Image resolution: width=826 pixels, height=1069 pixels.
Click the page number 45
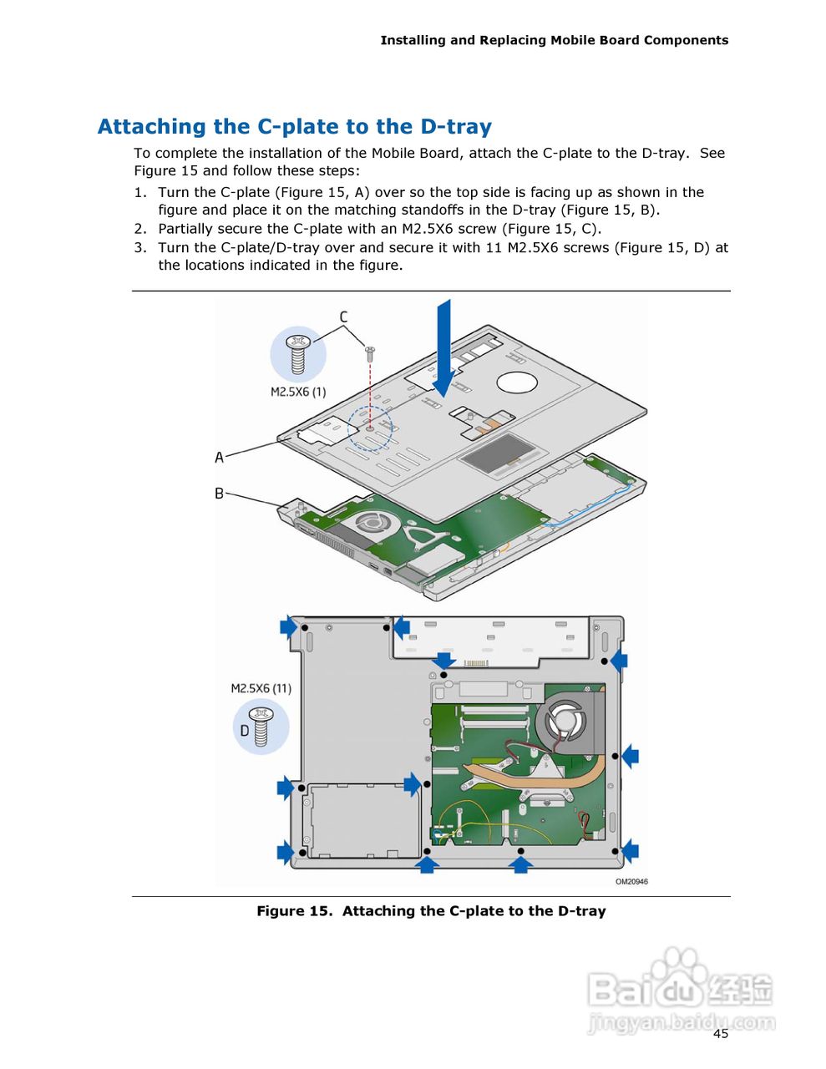(721, 1034)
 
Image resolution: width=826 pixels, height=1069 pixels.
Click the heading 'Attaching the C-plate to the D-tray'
(294, 127)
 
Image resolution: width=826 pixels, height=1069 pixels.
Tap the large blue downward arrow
(443, 347)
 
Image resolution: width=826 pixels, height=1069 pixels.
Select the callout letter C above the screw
(343, 317)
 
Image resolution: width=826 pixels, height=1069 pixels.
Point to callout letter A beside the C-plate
(220, 458)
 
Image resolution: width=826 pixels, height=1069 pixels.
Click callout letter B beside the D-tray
(220, 494)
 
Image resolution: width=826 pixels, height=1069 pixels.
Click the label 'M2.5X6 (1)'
(298, 392)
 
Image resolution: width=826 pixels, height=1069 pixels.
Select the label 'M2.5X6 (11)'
(261, 689)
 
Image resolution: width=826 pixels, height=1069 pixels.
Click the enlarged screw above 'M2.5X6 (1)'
(298, 354)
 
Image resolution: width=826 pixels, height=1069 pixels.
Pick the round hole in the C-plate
(517, 383)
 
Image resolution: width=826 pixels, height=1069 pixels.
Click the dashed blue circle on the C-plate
(370, 428)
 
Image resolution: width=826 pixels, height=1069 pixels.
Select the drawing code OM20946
(631, 882)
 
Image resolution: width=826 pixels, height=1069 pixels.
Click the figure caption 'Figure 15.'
(294, 911)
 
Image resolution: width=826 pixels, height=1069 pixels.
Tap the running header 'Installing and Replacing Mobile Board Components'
(554, 40)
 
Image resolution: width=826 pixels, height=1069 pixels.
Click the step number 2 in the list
(140, 229)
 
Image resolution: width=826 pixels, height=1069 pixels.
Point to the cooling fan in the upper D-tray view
(370, 524)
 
